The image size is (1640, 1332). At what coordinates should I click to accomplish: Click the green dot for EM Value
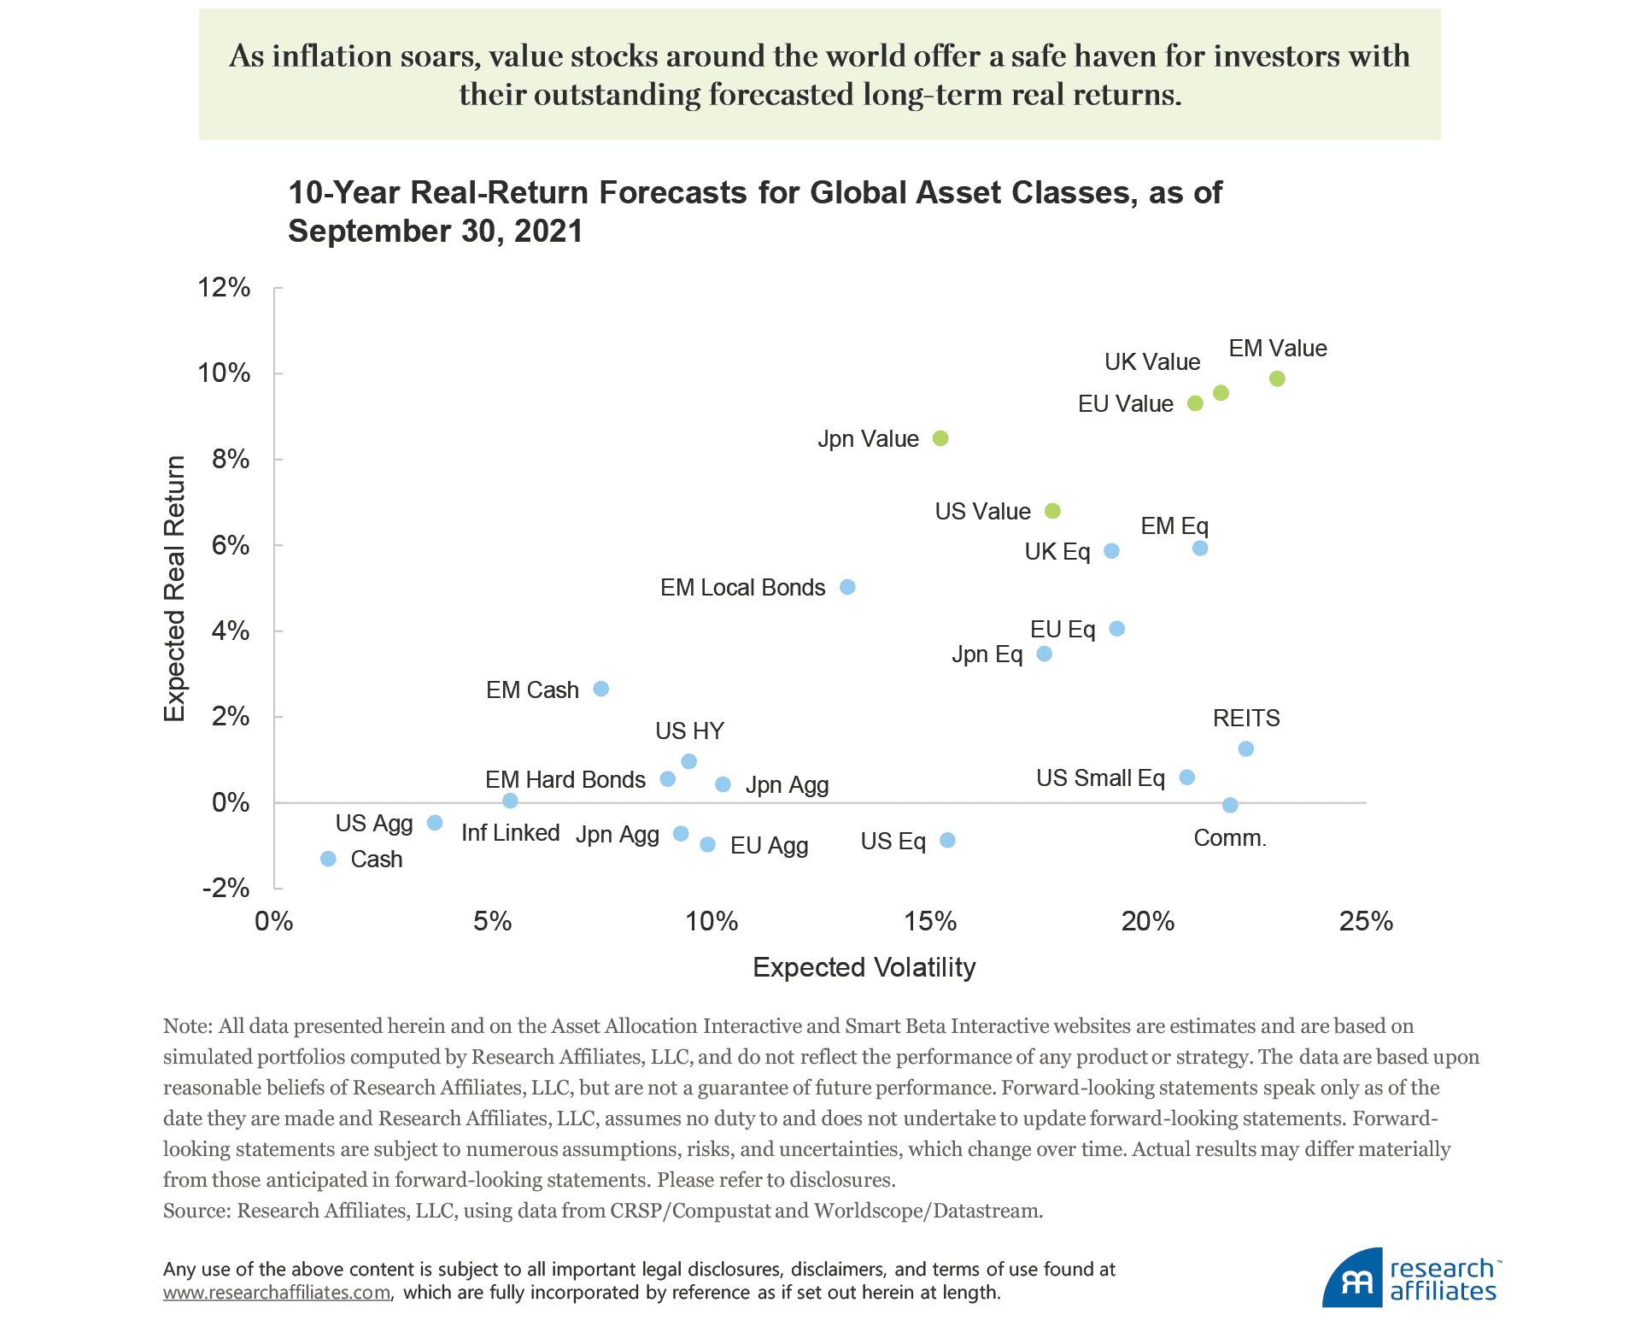coord(1277,378)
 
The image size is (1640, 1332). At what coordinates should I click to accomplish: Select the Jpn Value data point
coord(940,438)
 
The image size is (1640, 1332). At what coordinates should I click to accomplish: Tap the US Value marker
coord(1052,511)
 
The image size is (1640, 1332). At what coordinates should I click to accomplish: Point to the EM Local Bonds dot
coord(847,587)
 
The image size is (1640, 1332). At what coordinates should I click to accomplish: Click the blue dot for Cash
coord(328,859)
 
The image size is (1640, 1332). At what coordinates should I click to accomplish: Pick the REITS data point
coord(1246,749)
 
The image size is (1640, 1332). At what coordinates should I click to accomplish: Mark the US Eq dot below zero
coord(947,841)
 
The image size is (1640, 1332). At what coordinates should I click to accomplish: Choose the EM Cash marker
coord(601,689)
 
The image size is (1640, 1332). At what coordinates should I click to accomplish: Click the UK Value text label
coord(1152,362)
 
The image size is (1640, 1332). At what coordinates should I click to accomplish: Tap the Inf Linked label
coord(510,833)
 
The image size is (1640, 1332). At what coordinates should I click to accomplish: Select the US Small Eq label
coord(1100,778)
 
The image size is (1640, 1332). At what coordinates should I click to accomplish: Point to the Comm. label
coord(1229,838)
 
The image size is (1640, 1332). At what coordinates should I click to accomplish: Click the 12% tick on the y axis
coord(224,288)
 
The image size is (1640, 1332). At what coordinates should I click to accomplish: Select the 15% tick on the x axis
coord(930,921)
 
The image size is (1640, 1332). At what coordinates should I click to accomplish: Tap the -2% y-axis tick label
coord(226,889)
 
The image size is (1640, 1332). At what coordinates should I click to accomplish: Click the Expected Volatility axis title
coord(864,967)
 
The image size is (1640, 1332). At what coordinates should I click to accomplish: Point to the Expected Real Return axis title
coord(174,589)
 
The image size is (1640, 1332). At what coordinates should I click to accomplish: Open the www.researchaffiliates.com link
coord(277,1293)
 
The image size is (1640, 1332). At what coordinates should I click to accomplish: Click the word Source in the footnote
coord(195,1211)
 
